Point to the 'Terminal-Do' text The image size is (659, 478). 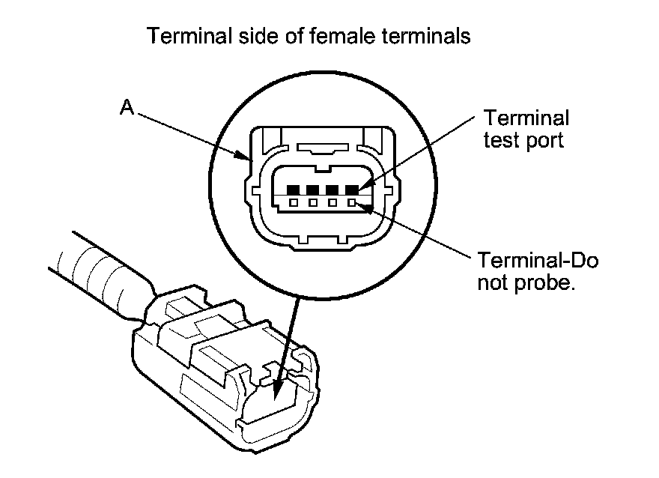click(x=538, y=261)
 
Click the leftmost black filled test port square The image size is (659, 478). click(x=294, y=190)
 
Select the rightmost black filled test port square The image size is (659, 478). click(x=350, y=190)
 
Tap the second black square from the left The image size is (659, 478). click(x=313, y=190)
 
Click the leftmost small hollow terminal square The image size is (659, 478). click(x=294, y=202)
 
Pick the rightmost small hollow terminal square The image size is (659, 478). click(x=350, y=202)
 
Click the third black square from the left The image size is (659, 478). click(x=332, y=190)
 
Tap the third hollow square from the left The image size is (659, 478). click(x=332, y=202)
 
